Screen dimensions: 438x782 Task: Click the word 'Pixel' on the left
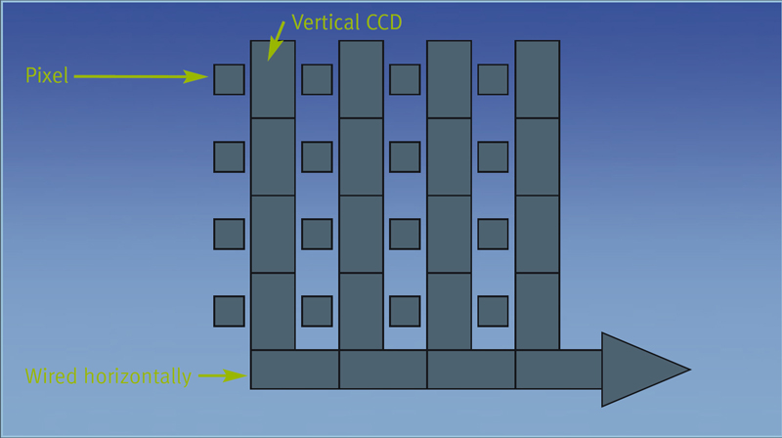click(47, 76)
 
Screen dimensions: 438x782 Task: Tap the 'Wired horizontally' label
click(109, 375)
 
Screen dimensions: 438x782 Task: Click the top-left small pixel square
click(229, 79)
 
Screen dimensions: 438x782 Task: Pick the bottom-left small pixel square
click(229, 311)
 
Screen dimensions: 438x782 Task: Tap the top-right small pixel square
click(493, 79)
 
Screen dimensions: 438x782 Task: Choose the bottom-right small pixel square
click(493, 311)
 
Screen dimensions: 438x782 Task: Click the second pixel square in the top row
click(317, 79)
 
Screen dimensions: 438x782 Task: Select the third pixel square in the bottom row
click(405, 311)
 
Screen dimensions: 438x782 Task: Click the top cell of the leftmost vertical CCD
click(273, 79)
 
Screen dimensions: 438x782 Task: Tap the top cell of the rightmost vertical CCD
click(537, 79)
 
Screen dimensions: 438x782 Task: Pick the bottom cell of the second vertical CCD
click(361, 311)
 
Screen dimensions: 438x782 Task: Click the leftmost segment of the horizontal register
click(294, 370)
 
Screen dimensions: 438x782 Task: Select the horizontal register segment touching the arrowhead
click(558, 370)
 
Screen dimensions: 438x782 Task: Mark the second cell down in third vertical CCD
click(449, 156)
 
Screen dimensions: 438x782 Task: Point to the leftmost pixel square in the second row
click(229, 156)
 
